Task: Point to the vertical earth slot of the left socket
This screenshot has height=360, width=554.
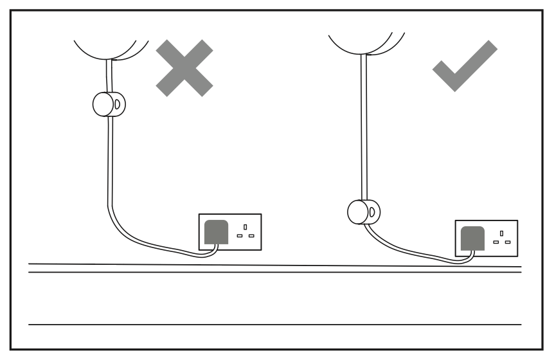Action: (246, 228)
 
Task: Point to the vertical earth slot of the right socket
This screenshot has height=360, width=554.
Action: (502, 234)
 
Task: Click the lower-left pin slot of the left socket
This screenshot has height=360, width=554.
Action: (240, 236)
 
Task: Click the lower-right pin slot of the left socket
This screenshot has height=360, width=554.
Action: (251, 236)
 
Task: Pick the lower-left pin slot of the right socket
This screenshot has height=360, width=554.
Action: (496, 242)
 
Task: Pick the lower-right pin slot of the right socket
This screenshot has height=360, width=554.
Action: (508, 242)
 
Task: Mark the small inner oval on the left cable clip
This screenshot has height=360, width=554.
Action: (120, 103)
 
